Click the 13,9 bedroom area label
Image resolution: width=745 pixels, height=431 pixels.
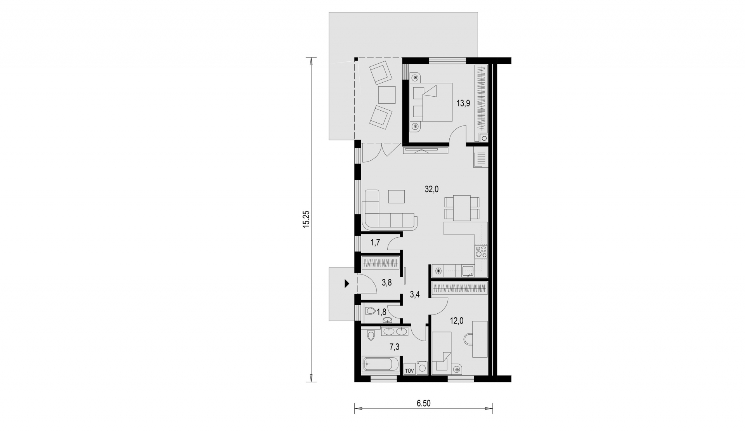463,103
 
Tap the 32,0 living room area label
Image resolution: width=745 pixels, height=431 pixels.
431,189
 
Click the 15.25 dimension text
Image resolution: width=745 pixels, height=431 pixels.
307,219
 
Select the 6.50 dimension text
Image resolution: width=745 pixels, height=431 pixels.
424,403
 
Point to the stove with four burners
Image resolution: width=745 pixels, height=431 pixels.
481,252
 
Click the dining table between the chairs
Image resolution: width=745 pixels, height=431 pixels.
462,208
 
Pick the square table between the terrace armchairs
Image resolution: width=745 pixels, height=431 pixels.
386,95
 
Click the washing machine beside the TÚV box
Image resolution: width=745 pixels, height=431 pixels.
422,369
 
